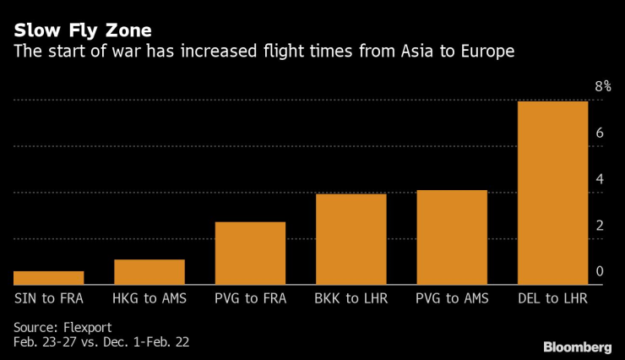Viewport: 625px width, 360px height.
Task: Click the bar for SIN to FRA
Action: tap(49, 278)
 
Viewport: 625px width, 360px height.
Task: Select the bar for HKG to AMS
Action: tap(149, 272)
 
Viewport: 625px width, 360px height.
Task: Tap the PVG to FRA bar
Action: tap(250, 254)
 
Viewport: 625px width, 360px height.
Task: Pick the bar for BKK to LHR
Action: tap(351, 239)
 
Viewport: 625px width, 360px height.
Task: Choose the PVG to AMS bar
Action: tap(452, 237)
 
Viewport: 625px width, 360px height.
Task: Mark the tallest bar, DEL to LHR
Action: tap(552, 193)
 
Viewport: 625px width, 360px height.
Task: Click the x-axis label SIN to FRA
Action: tap(49, 298)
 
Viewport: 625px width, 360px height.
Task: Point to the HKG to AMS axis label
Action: tap(149, 298)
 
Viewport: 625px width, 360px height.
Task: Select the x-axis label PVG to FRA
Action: tap(250, 298)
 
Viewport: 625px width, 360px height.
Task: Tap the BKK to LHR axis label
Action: tap(351, 298)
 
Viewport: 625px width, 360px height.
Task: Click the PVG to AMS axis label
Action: tap(452, 298)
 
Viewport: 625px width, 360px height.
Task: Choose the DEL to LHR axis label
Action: tap(552, 298)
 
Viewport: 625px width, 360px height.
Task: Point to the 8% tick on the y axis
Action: tap(602, 87)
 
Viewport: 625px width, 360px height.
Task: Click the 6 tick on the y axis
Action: tap(599, 134)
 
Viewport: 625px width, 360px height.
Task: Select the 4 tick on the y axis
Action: tap(599, 180)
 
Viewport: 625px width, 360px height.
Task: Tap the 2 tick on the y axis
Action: tap(599, 226)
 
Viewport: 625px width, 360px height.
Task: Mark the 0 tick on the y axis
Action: tap(599, 272)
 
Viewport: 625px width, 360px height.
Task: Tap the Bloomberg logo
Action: tap(578, 346)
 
